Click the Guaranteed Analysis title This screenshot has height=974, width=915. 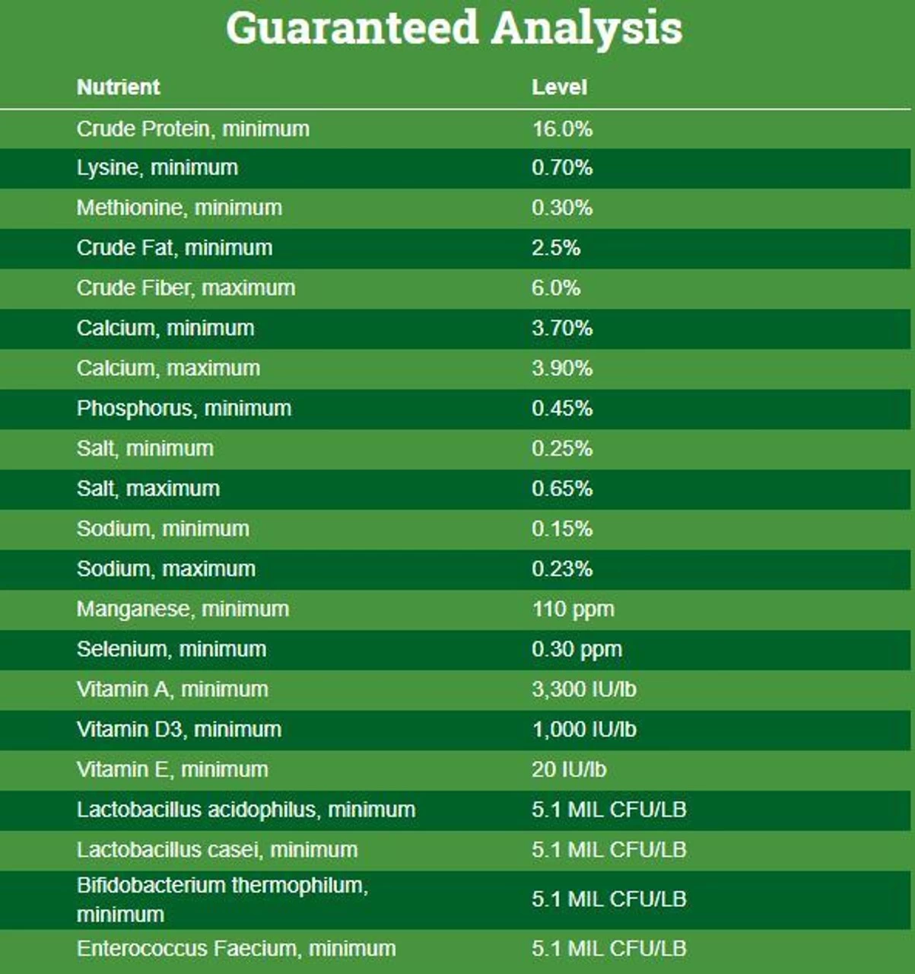454,28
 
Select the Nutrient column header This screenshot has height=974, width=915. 118,87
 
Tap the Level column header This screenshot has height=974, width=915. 559,87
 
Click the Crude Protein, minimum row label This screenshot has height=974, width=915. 192,129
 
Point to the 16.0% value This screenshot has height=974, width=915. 562,129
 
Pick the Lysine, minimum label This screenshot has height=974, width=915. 157,167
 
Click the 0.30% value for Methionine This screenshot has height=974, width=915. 562,208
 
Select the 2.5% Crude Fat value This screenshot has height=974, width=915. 556,248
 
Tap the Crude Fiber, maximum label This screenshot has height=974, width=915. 186,288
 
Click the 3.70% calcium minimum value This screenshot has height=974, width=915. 562,328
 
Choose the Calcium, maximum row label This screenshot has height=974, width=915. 168,368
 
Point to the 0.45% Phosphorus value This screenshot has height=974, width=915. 562,409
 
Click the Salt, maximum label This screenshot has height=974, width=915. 148,489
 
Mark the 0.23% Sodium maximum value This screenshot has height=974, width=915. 562,569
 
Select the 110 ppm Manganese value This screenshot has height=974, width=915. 573,609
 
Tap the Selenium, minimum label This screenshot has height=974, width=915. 171,649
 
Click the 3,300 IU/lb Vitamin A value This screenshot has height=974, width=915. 584,689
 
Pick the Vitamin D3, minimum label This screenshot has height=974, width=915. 179,730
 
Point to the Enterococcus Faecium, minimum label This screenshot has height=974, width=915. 236,949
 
